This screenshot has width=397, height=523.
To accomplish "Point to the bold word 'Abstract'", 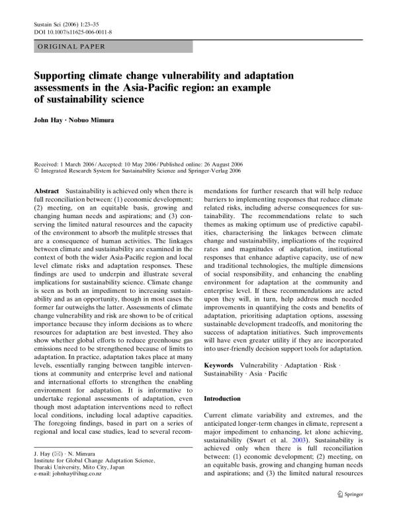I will pos(48,190).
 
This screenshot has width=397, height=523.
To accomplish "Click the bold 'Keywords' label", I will pos(218,365).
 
